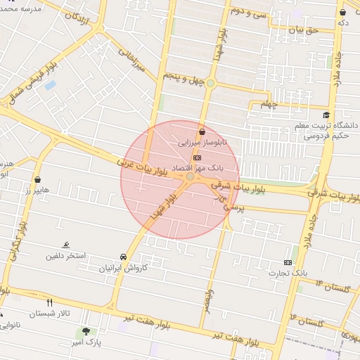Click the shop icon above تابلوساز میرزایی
coord(202,131)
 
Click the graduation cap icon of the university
coord(325,115)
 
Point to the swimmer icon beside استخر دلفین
coord(65,245)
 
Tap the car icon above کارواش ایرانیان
coord(123,257)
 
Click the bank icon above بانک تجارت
coord(288,262)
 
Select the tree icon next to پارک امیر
coord(86,331)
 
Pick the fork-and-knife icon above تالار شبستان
coord(49,303)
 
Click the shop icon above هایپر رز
coord(37,179)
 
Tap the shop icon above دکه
coord(342,12)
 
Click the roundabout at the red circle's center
coord(190,176)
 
